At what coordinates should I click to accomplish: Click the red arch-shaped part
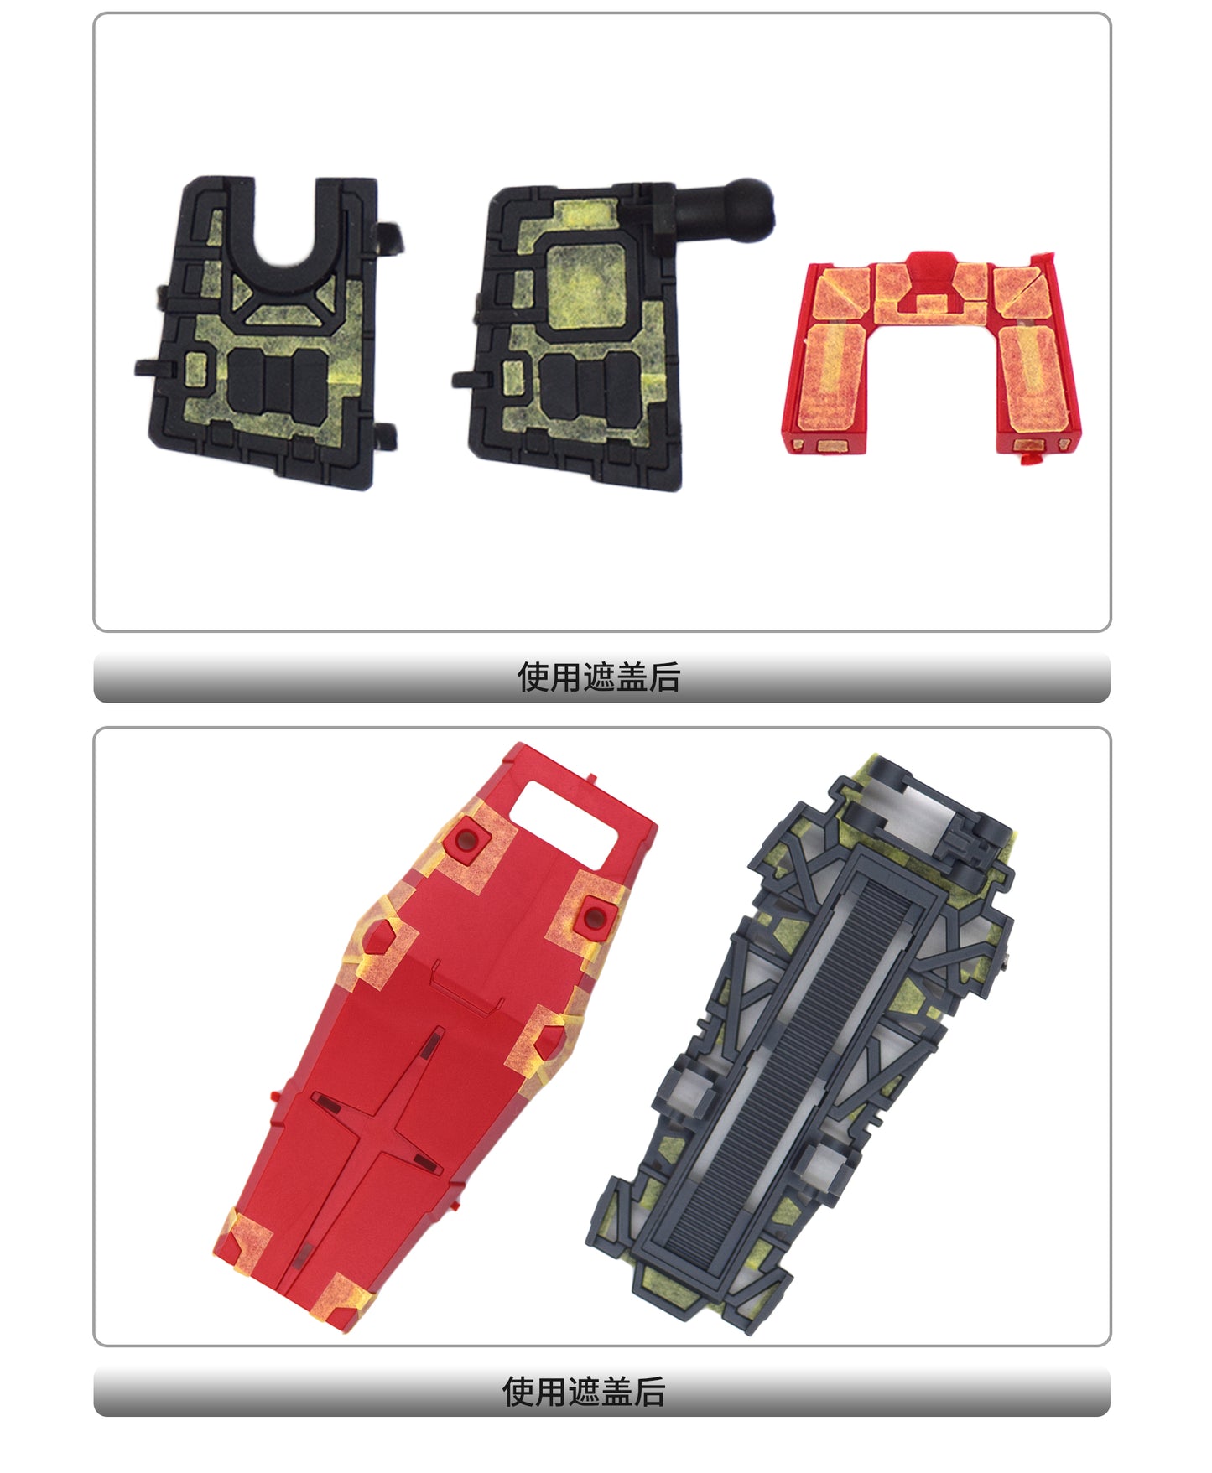coord(931,352)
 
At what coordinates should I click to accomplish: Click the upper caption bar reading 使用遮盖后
coord(601,677)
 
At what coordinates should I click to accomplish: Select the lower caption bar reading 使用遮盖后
coord(601,1392)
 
